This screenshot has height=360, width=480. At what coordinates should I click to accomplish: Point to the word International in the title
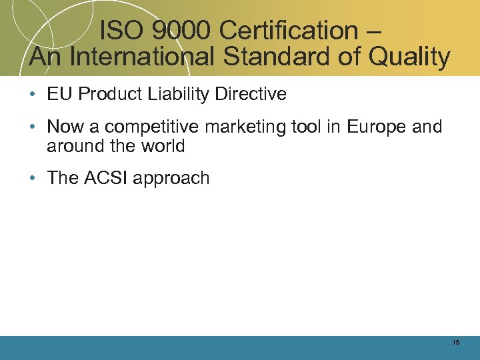click(x=142, y=57)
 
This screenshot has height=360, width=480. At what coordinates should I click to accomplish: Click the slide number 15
click(x=455, y=343)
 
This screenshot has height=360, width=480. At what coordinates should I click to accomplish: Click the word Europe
click(x=373, y=127)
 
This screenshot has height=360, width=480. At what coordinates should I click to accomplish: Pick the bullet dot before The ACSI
click(x=33, y=179)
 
